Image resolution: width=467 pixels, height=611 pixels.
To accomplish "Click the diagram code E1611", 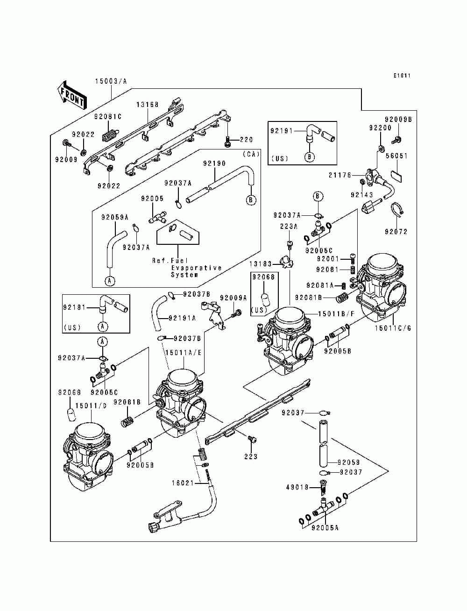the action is [402, 75].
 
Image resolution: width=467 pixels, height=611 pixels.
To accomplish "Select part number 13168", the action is [147, 105].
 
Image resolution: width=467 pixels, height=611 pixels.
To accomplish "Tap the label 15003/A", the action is [111, 81].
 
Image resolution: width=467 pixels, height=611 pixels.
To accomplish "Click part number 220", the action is [246, 140].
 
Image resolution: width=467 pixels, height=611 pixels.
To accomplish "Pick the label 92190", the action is [214, 163].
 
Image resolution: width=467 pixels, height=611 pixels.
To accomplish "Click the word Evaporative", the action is [197, 268].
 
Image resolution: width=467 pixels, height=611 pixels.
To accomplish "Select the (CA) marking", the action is [251, 154].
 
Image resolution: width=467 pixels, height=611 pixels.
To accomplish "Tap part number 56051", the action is [396, 156].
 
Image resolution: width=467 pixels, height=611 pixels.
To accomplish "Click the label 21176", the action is [340, 175].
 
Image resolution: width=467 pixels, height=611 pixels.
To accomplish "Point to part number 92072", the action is [396, 232].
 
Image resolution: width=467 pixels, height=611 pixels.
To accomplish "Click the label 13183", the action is [261, 263].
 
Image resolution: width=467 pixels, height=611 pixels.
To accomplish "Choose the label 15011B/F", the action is [337, 314].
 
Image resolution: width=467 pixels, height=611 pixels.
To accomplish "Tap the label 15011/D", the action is [91, 405].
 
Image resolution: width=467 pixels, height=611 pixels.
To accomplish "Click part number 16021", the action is [182, 483].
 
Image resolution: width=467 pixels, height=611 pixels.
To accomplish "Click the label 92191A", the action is [182, 318].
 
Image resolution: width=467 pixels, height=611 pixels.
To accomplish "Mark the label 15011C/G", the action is [393, 328].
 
